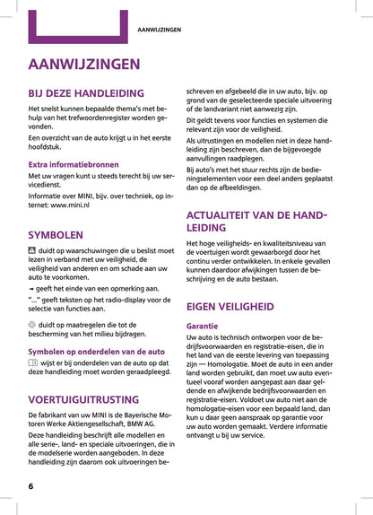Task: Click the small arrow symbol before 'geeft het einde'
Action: click(31, 289)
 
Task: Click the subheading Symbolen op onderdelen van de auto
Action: click(96, 352)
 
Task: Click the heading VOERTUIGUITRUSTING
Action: click(83, 399)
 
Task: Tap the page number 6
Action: click(30, 485)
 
